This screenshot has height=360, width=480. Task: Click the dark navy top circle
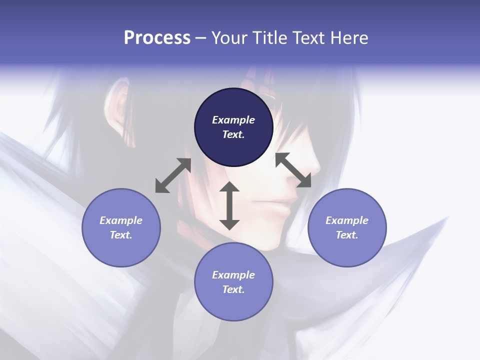point(233,127)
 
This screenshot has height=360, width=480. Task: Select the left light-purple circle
point(121,227)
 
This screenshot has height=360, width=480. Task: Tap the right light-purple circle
point(347,227)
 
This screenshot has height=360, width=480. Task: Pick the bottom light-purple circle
point(233,282)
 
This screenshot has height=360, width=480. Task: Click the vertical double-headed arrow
point(229,205)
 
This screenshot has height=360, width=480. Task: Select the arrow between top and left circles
point(173,175)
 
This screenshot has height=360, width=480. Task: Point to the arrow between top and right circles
point(293,170)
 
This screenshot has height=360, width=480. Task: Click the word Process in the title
point(157,37)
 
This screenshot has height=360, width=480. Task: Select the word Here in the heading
point(349,37)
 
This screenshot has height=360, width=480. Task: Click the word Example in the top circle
point(233,120)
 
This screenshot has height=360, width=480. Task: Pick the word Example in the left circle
point(121,220)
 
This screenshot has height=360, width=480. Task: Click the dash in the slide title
point(200,38)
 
